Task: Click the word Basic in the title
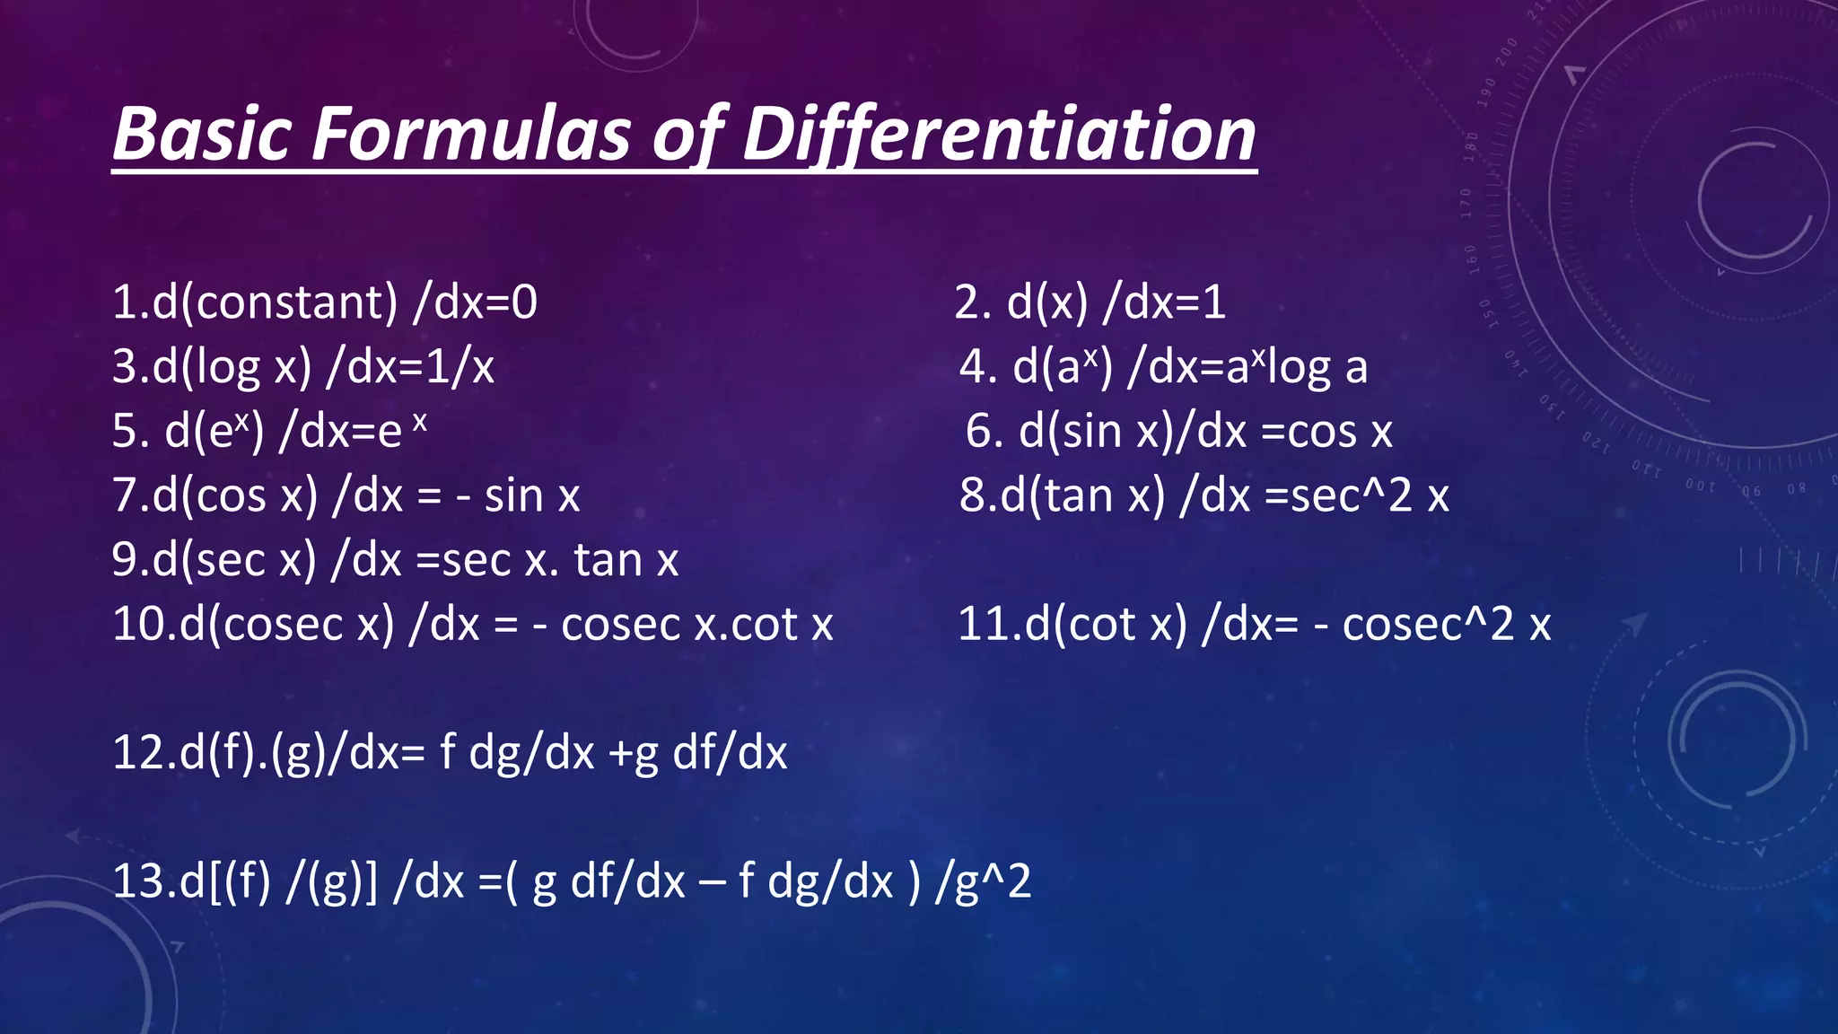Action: coord(202,135)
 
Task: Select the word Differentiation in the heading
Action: coord(999,135)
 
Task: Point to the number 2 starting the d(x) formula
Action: coord(970,302)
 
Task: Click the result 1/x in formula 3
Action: coord(459,367)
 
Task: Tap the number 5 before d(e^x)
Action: coord(127,432)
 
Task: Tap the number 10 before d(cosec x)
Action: coord(139,625)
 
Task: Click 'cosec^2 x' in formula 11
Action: coord(1446,625)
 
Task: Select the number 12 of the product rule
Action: coord(139,753)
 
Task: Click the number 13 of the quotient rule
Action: coord(139,881)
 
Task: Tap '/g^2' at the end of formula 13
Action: coord(983,881)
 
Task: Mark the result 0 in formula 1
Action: coord(524,302)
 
